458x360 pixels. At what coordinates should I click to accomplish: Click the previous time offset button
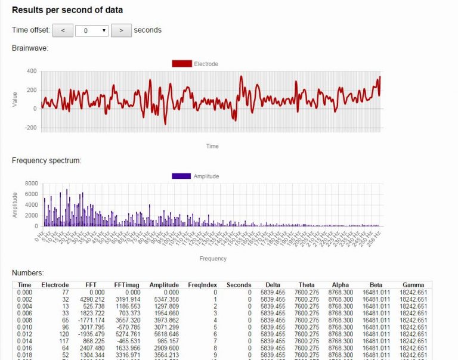click(x=63, y=30)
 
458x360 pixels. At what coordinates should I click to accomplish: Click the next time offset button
click(x=121, y=30)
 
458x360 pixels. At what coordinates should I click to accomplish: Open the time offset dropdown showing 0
click(x=92, y=30)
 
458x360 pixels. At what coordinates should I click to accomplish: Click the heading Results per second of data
click(x=67, y=10)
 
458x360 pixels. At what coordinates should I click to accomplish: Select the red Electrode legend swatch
click(x=182, y=63)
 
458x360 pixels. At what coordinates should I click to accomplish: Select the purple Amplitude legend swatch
click(x=181, y=176)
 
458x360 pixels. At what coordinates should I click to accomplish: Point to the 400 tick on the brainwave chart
click(x=31, y=71)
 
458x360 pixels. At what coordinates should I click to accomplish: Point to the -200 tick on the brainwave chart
click(x=30, y=128)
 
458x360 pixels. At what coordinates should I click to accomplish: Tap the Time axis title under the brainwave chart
click(x=212, y=146)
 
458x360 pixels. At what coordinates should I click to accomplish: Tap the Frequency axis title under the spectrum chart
click(x=212, y=259)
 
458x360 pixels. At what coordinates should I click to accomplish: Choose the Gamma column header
click(x=413, y=285)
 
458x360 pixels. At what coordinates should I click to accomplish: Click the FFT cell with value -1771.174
click(x=91, y=319)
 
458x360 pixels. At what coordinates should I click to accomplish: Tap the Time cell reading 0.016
click(x=24, y=347)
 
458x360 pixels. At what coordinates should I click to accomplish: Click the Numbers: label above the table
click(x=27, y=272)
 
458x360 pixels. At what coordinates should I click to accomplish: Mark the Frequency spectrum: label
click(x=47, y=160)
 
